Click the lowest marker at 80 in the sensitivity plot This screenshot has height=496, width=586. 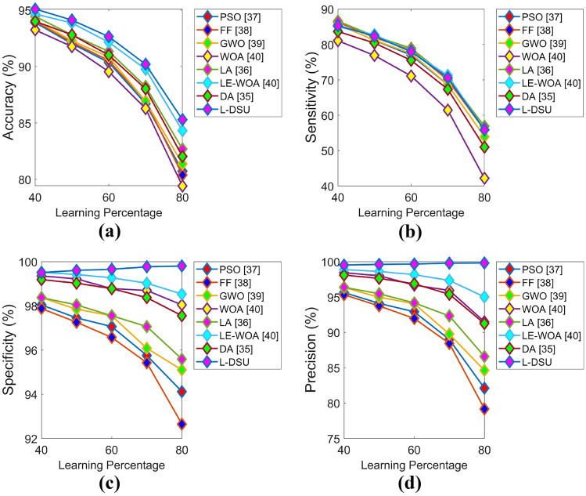(484, 179)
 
